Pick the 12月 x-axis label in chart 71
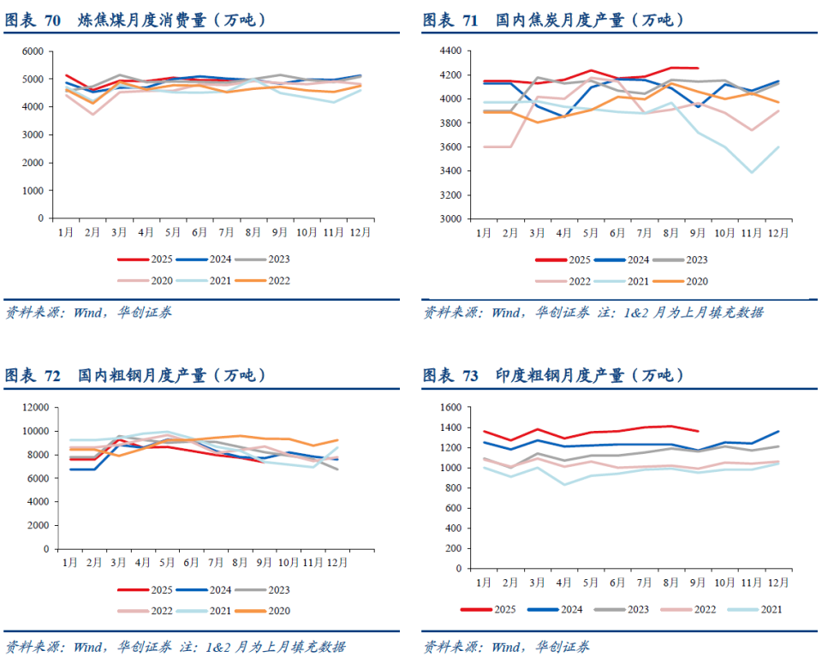[x=778, y=232]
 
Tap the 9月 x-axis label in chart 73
[x=698, y=583]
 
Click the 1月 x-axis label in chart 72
[x=70, y=563]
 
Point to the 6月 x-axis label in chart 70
[x=200, y=232]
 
